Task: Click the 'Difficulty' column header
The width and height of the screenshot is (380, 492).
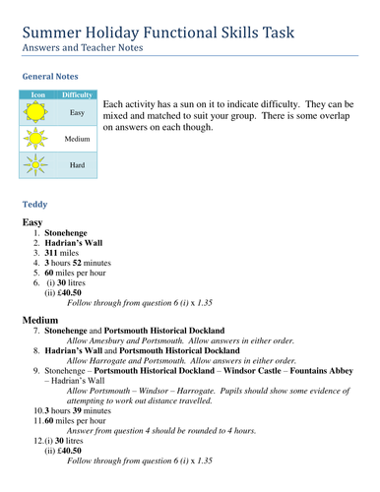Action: point(77,94)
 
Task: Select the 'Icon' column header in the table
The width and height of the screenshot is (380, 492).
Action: point(38,94)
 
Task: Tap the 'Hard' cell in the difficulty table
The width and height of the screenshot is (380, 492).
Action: point(77,165)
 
